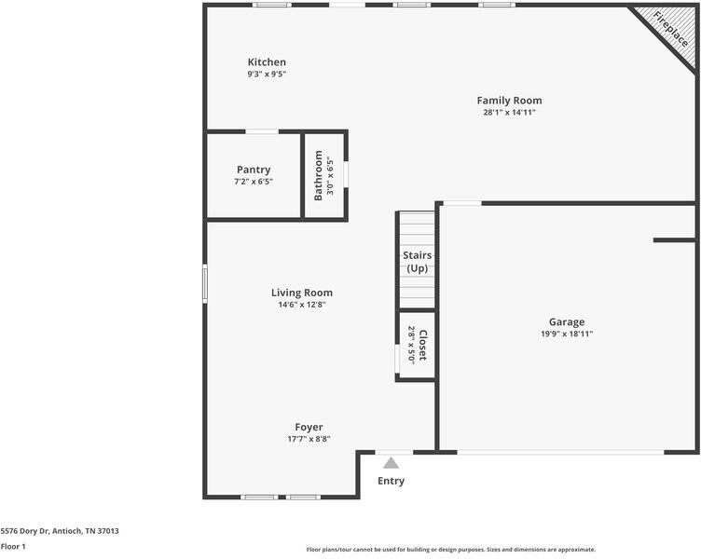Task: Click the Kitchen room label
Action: pyautogui.click(x=267, y=62)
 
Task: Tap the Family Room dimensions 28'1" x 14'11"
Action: pyautogui.click(x=509, y=113)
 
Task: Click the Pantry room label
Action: pyautogui.click(x=254, y=170)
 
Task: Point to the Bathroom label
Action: pyautogui.click(x=318, y=176)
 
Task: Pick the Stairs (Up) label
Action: pyautogui.click(x=416, y=261)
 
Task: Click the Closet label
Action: pyautogui.click(x=422, y=346)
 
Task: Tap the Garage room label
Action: pyautogui.click(x=567, y=321)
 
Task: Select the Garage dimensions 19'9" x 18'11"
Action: pyautogui.click(x=567, y=334)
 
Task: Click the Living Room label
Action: pyautogui.click(x=301, y=293)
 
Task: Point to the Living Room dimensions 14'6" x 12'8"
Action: pyautogui.click(x=301, y=305)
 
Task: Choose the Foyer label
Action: pyautogui.click(x=309, y=427)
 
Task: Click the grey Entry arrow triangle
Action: pyautogui.click(x=391, y=462)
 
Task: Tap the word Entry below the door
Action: pyautogui.click(x=391, y=481)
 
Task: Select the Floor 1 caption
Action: pyautogui.click(x=13, y=546)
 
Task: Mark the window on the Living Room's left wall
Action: pyautogui.click(x=205, y=284)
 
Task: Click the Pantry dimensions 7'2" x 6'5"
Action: pyautogui.click(x=254, y=182)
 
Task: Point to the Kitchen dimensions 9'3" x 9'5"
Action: pyautogui.click(x=267, y=74)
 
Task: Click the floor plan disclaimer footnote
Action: pyautogui.click(x=451, y=550)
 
